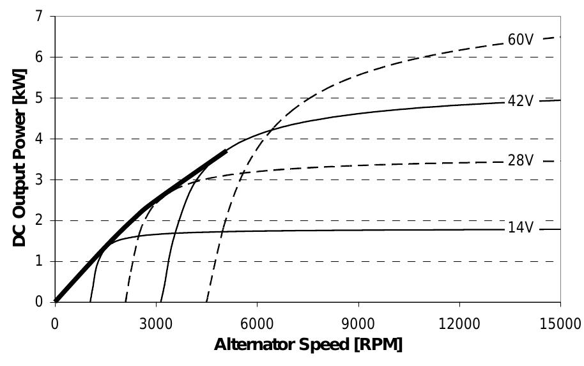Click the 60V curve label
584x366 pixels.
[520, 40]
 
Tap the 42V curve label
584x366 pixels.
[520, 101]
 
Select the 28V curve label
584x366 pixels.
[520, 160]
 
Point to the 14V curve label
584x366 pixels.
[520, 227]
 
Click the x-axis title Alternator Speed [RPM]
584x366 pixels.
[308, 346]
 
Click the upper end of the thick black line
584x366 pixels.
[226, 151]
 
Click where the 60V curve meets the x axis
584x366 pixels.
[207, 301]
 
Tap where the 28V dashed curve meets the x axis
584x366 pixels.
[125, 301]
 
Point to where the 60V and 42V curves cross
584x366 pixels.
[270, 132]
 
